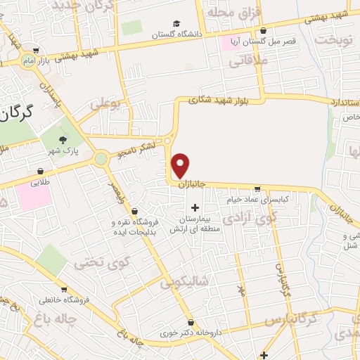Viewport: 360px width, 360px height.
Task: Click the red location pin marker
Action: [181, 165]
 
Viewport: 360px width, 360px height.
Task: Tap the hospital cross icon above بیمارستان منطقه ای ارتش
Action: [195, 207]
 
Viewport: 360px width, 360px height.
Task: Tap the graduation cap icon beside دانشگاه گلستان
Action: [176, 23]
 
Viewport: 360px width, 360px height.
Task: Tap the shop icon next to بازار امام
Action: [36, 50]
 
